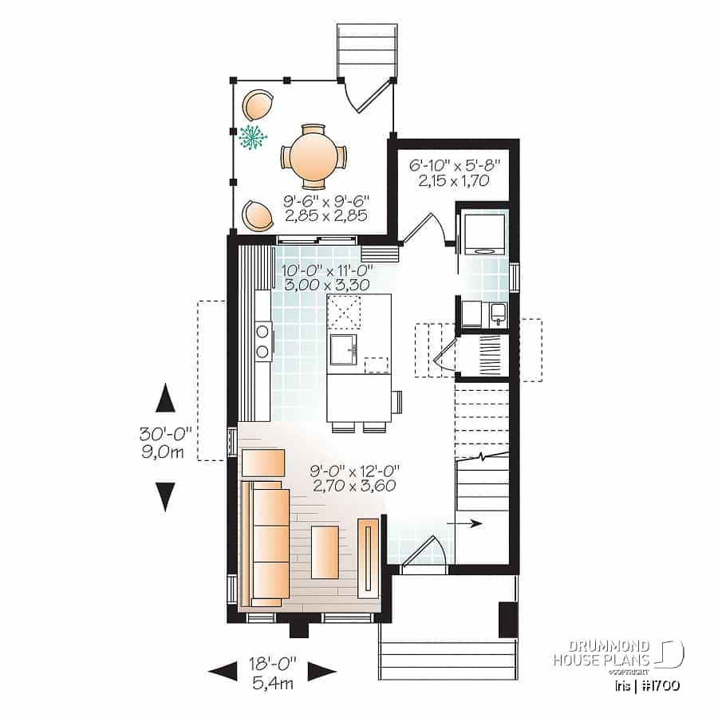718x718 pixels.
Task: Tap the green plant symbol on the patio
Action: (x=254, y=137)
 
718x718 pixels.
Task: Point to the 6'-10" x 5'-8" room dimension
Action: (x=454, y=173)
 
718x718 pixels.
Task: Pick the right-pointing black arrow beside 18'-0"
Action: (x=321, y=670)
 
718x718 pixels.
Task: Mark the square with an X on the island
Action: (x=345, y=311)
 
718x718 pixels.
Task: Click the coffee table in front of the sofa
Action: (x=325, y=550)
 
